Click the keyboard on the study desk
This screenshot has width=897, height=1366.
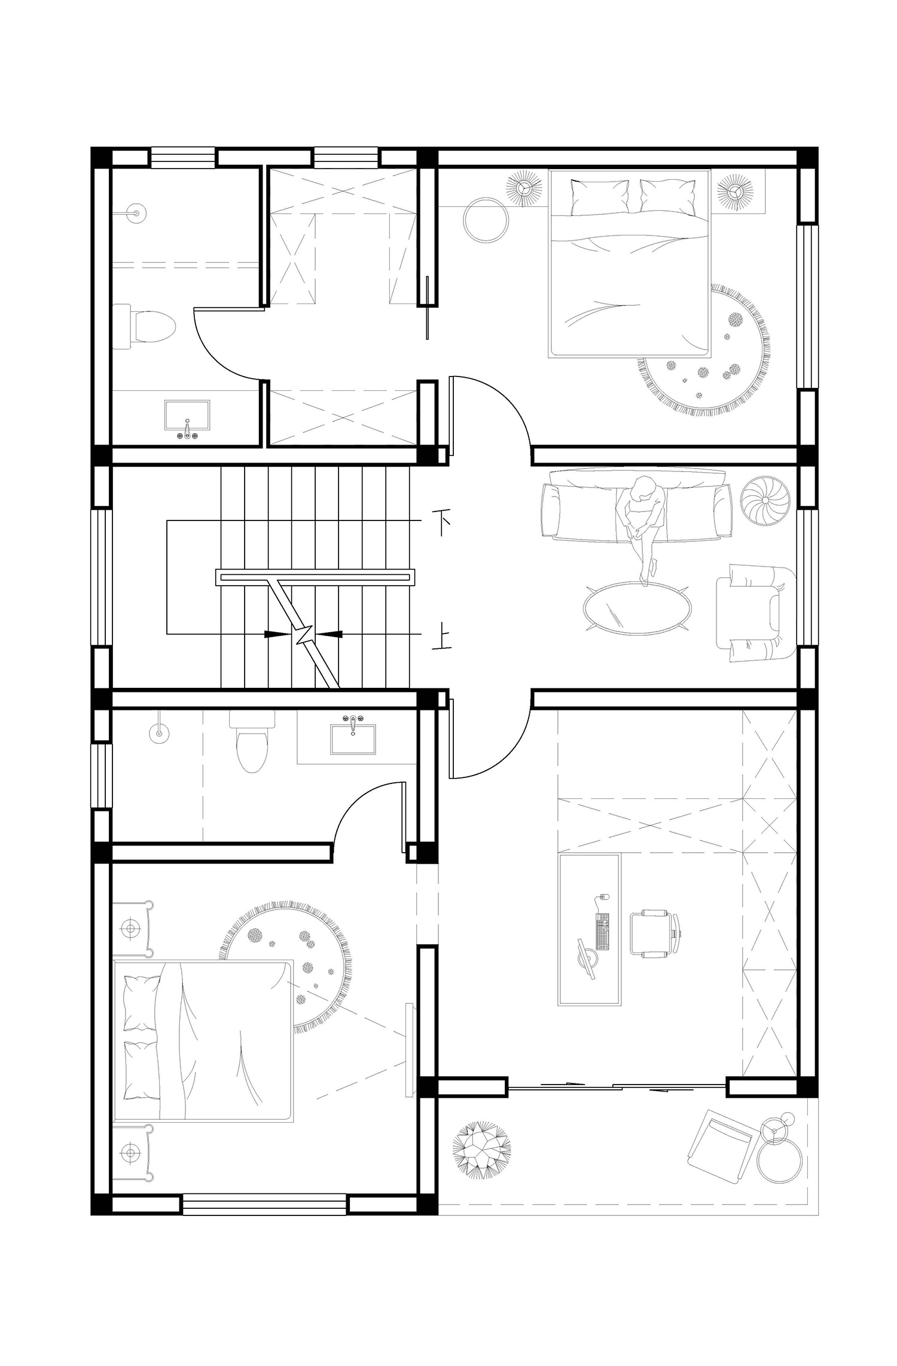pyautogui.click(x=602, y=931)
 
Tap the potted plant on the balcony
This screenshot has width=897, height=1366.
pyautogui.click(x=481, y=1152)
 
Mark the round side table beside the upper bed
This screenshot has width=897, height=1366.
pyautogui.click(x=487, y=220)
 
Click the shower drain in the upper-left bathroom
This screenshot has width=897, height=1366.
pyautogui.click(x=136, y=212)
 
